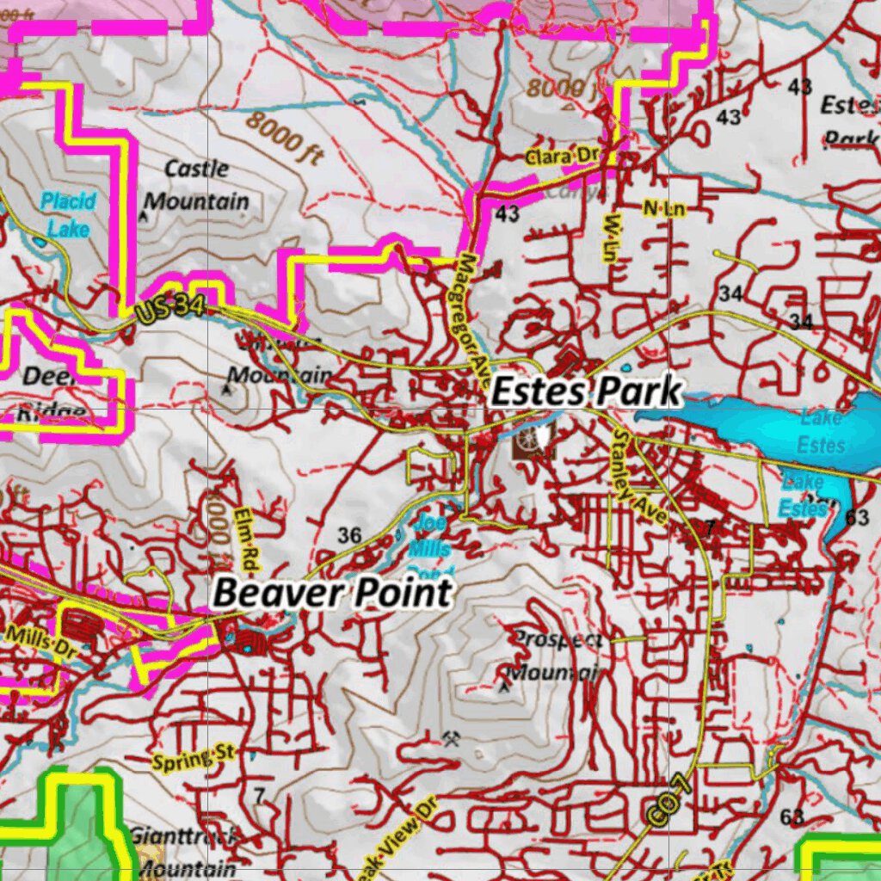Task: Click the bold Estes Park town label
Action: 586,392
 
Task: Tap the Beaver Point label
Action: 332,593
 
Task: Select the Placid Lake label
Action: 69,214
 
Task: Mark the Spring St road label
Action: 193,759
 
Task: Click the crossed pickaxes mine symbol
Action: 451,738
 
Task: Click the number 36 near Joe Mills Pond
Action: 349,536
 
